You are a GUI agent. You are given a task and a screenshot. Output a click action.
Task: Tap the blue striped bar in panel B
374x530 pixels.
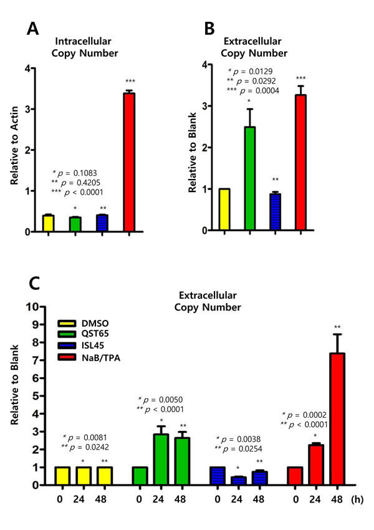276,212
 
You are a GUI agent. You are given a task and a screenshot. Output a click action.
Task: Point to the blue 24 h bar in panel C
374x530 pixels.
242,481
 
